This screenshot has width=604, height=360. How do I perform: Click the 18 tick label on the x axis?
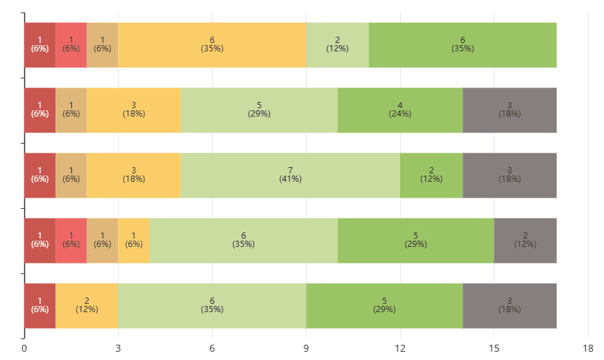[588, 348]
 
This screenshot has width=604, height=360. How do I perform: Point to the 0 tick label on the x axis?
[24, 348]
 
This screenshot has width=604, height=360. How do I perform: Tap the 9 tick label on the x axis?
[306, 348]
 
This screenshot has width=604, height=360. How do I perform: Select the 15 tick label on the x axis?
[494, 348]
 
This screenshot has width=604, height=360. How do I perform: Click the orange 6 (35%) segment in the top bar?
[212, 45]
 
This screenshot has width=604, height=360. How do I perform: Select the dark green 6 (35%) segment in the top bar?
[463, 45]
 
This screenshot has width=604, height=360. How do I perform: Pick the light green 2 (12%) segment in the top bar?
[337, 45]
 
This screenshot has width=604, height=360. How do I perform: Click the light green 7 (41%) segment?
[290, 175]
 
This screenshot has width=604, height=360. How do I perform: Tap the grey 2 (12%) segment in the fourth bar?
[525, 241]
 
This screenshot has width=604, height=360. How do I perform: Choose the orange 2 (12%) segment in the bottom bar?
[87, 306]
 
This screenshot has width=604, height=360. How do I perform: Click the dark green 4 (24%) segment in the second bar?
[400, 110]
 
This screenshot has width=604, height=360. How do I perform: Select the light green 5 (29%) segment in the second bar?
[259, 110]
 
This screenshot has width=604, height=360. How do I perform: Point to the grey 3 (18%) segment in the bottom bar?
[510, 306]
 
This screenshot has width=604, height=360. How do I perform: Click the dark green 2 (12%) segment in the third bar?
[431, 175]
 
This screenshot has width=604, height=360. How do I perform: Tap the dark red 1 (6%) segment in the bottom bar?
[40, 306]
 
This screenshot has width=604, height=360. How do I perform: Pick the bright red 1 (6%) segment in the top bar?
[71, 45]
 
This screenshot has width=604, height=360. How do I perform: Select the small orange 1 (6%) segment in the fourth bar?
[134, 241]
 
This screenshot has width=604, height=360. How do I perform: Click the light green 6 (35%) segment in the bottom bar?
[212, 306]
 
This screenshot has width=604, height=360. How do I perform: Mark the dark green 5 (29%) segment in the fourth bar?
[415, 241]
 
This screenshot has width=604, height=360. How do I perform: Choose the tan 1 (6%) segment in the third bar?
[71, 175]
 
